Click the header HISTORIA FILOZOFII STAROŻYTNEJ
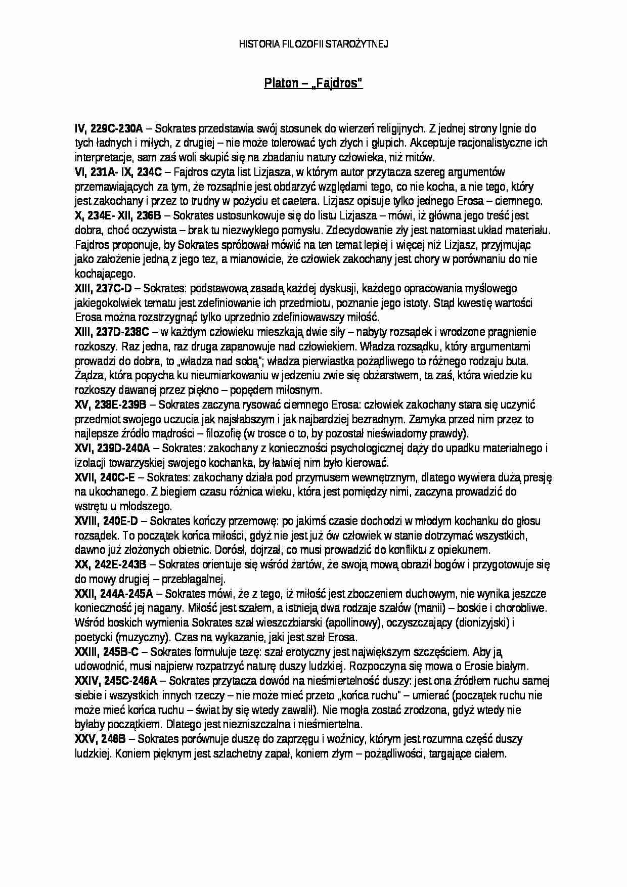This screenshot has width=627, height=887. (313, 45)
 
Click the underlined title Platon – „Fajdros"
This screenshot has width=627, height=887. (313, 83)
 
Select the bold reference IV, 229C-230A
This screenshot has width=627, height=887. (109, 128)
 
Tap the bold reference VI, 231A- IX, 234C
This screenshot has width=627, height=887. (118, 172)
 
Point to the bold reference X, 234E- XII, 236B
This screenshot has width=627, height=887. (118, 215)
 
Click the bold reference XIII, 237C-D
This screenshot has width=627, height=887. (103, 289)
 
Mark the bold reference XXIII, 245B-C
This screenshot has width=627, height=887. (107, 652)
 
